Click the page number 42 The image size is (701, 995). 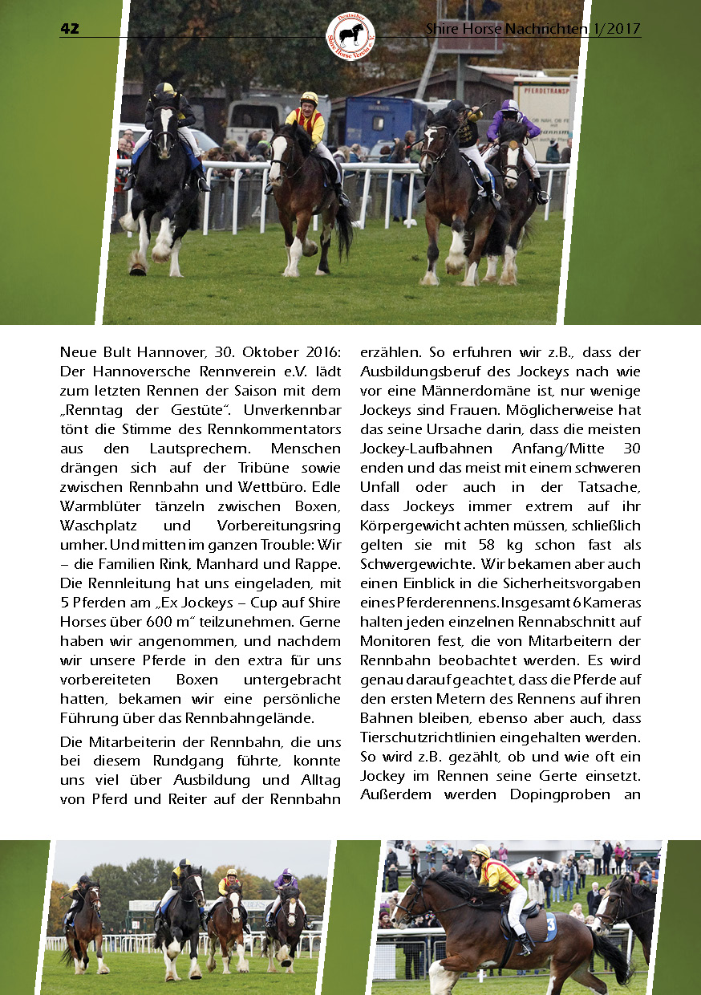[70, 29]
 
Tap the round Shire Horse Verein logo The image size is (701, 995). [350, 35]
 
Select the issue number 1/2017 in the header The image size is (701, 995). [618, 29]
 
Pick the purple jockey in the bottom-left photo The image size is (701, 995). [286, 883]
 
